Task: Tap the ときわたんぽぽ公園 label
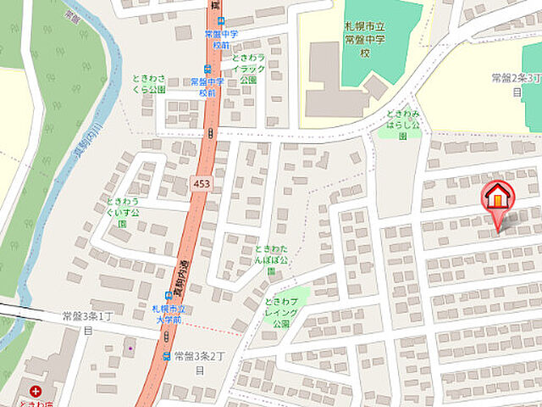click(x=272, y=258)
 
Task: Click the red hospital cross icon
click(x=35, y=393)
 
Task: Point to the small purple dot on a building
click(x=129, y=347)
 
